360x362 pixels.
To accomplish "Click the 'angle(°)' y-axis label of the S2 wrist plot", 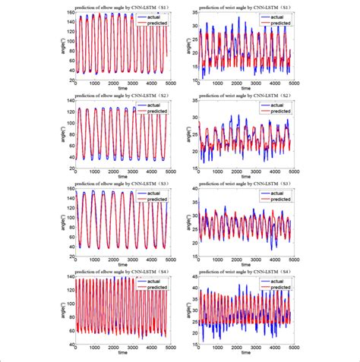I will pos(185,134).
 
